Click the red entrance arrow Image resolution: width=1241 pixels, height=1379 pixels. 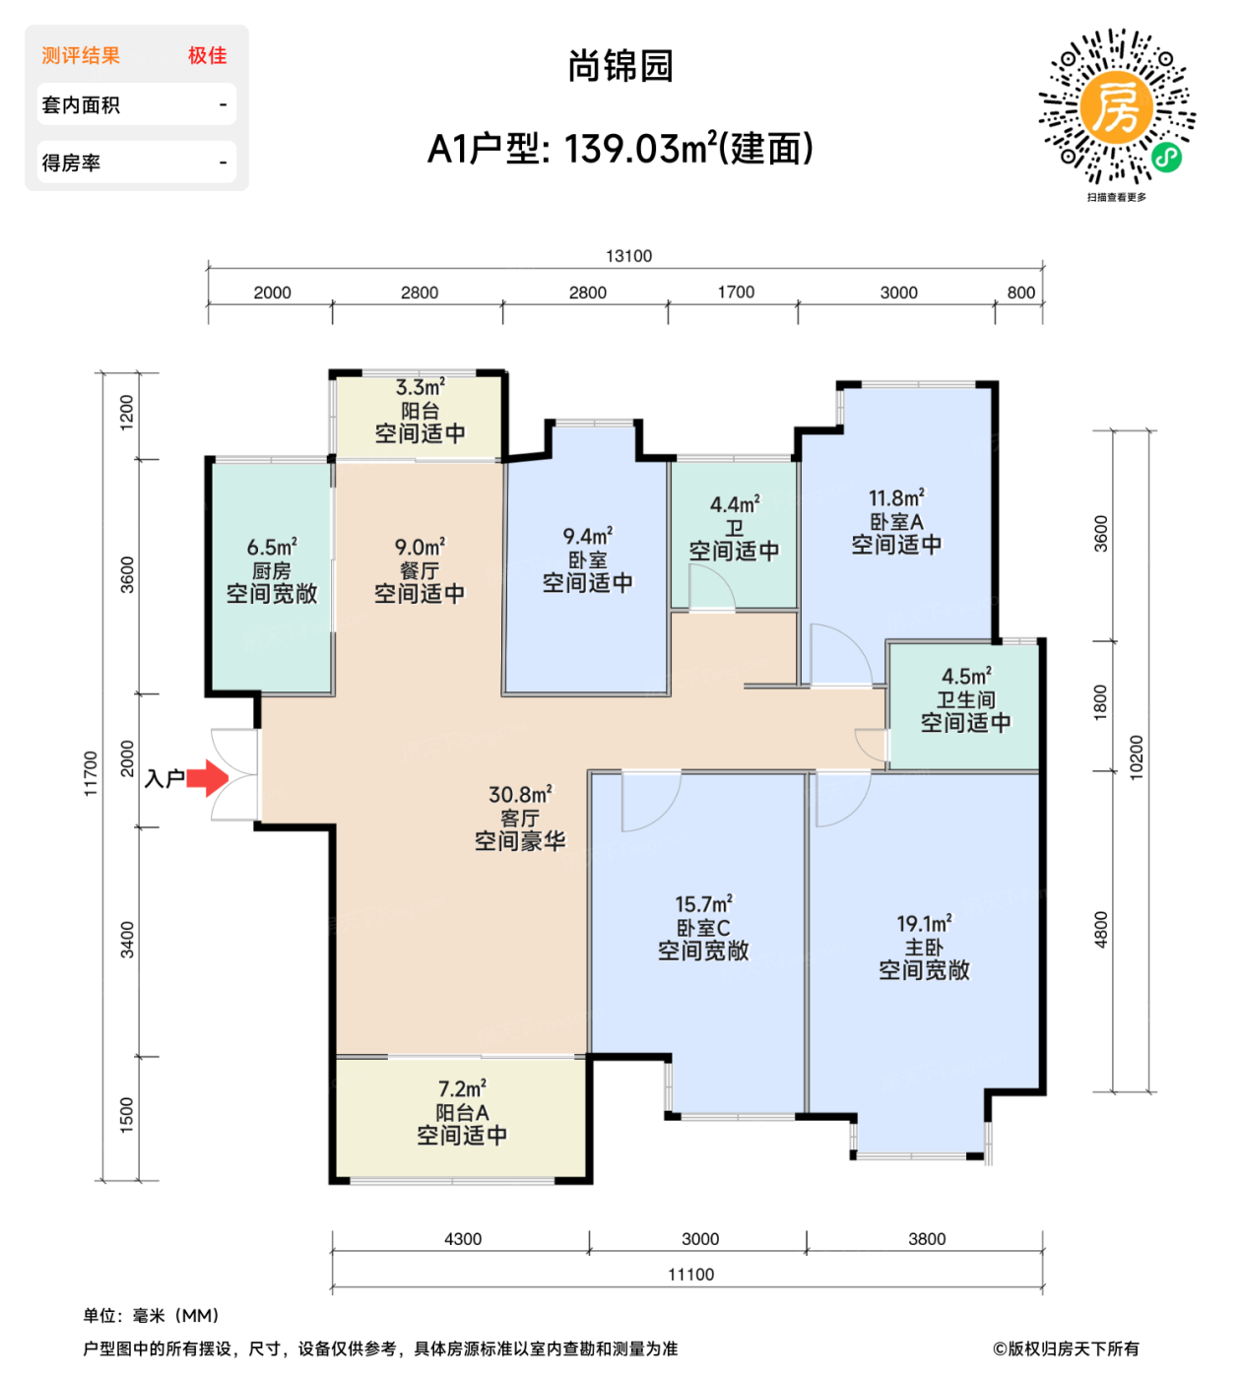click(207, 778)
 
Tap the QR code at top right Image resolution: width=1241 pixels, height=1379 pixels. click(1116, 107)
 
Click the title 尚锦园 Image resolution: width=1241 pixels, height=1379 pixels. click(620, 66)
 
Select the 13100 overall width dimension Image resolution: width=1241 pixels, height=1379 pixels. click(628, 256)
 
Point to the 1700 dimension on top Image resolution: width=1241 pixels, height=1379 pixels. click(736, 293)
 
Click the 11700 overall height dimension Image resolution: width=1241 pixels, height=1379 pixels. click(91, 773)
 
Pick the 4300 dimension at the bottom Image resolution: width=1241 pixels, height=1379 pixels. click(463, 1239)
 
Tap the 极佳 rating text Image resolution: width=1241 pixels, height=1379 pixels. click(208, 56)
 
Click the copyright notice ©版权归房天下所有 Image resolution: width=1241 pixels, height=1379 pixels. click(1066, 1348)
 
